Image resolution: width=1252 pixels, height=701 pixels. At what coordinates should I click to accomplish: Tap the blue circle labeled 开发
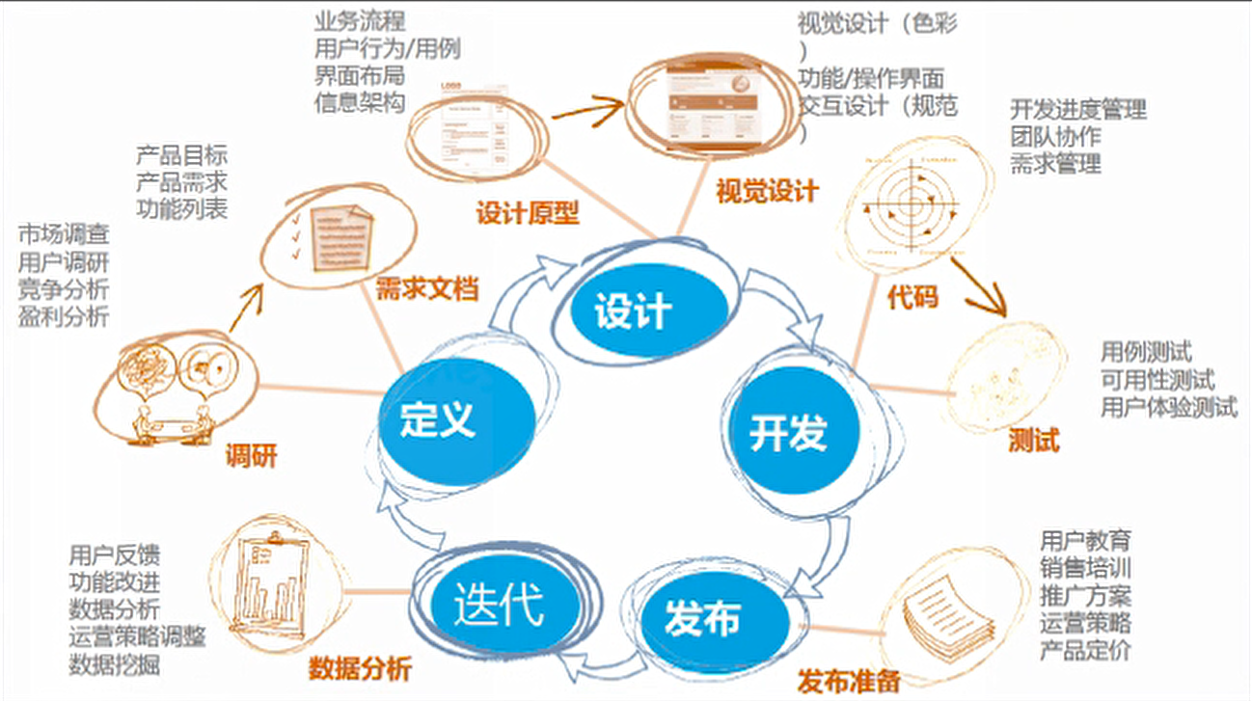[x=788, y=432]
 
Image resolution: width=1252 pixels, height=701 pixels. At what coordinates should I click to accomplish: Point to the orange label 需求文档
[x=426, y=288]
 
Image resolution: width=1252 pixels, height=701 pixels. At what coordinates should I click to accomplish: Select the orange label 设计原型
[x=528, y=212]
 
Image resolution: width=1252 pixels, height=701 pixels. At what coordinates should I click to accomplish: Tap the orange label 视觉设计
[x=768, y=190]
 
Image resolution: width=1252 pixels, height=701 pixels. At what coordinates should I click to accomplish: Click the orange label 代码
[x=912, y=296]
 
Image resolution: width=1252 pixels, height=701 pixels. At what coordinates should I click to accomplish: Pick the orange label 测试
[x=1033, y=441]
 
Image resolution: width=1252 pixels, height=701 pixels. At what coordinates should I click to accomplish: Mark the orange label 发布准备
[x=849, y=681]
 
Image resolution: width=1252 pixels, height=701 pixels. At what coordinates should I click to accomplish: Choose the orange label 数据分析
[x=360, y=667]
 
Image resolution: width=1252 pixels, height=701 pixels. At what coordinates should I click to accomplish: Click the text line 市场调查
[x=64, y=233]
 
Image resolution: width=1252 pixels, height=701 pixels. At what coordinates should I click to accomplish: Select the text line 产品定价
[x=1085, y=650]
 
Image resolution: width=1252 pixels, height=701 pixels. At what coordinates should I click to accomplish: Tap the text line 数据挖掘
[x=115, y=664]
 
